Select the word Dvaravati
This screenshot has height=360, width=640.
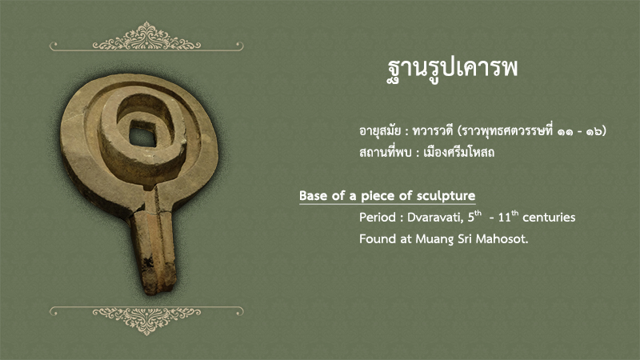pos(435,217)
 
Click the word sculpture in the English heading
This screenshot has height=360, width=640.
pos(446,196)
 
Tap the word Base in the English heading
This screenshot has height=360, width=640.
pos(313,196)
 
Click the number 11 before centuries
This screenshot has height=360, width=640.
pos(505,217)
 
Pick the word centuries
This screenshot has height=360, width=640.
pos(549,217)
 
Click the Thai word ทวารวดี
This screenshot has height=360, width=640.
pos(433,131)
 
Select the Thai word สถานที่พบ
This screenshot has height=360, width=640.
pos(385,152)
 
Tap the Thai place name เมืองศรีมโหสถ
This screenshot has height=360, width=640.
pos(458,152)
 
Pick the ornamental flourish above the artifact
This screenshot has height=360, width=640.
pos(146,37)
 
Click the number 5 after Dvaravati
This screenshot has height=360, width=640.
pos(471,217)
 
